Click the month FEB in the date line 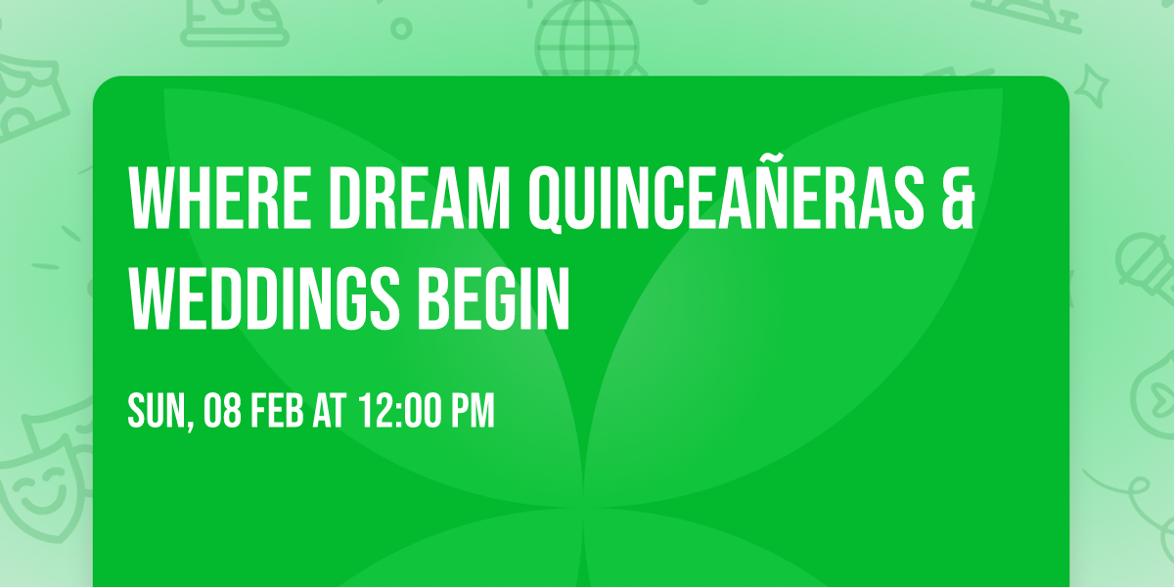pyautogui.click(x=280, y=412)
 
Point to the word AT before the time pyautogui.click(x=333, y=412)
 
